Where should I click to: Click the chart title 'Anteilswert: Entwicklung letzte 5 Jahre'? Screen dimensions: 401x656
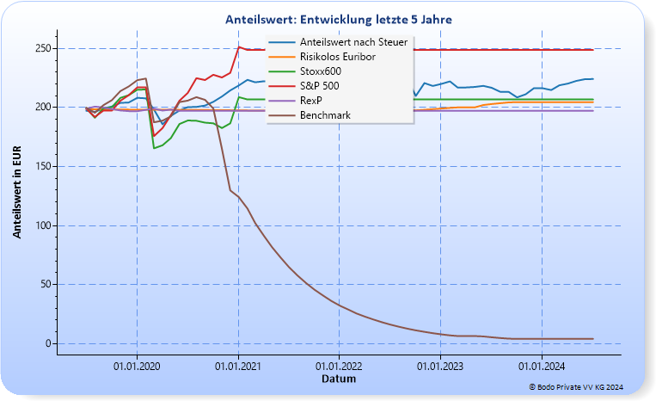point(338,19)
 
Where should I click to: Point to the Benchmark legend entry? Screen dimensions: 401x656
point(325,114)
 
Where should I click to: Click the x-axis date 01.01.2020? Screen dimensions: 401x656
point(137,366)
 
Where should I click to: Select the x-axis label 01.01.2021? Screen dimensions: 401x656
point(238,366)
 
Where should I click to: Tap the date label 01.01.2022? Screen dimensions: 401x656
point(339,366)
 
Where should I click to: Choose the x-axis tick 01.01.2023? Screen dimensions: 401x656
point(440,366)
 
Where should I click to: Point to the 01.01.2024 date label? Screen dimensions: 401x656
point(542,366)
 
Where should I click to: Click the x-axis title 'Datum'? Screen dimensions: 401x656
point(338,379)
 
